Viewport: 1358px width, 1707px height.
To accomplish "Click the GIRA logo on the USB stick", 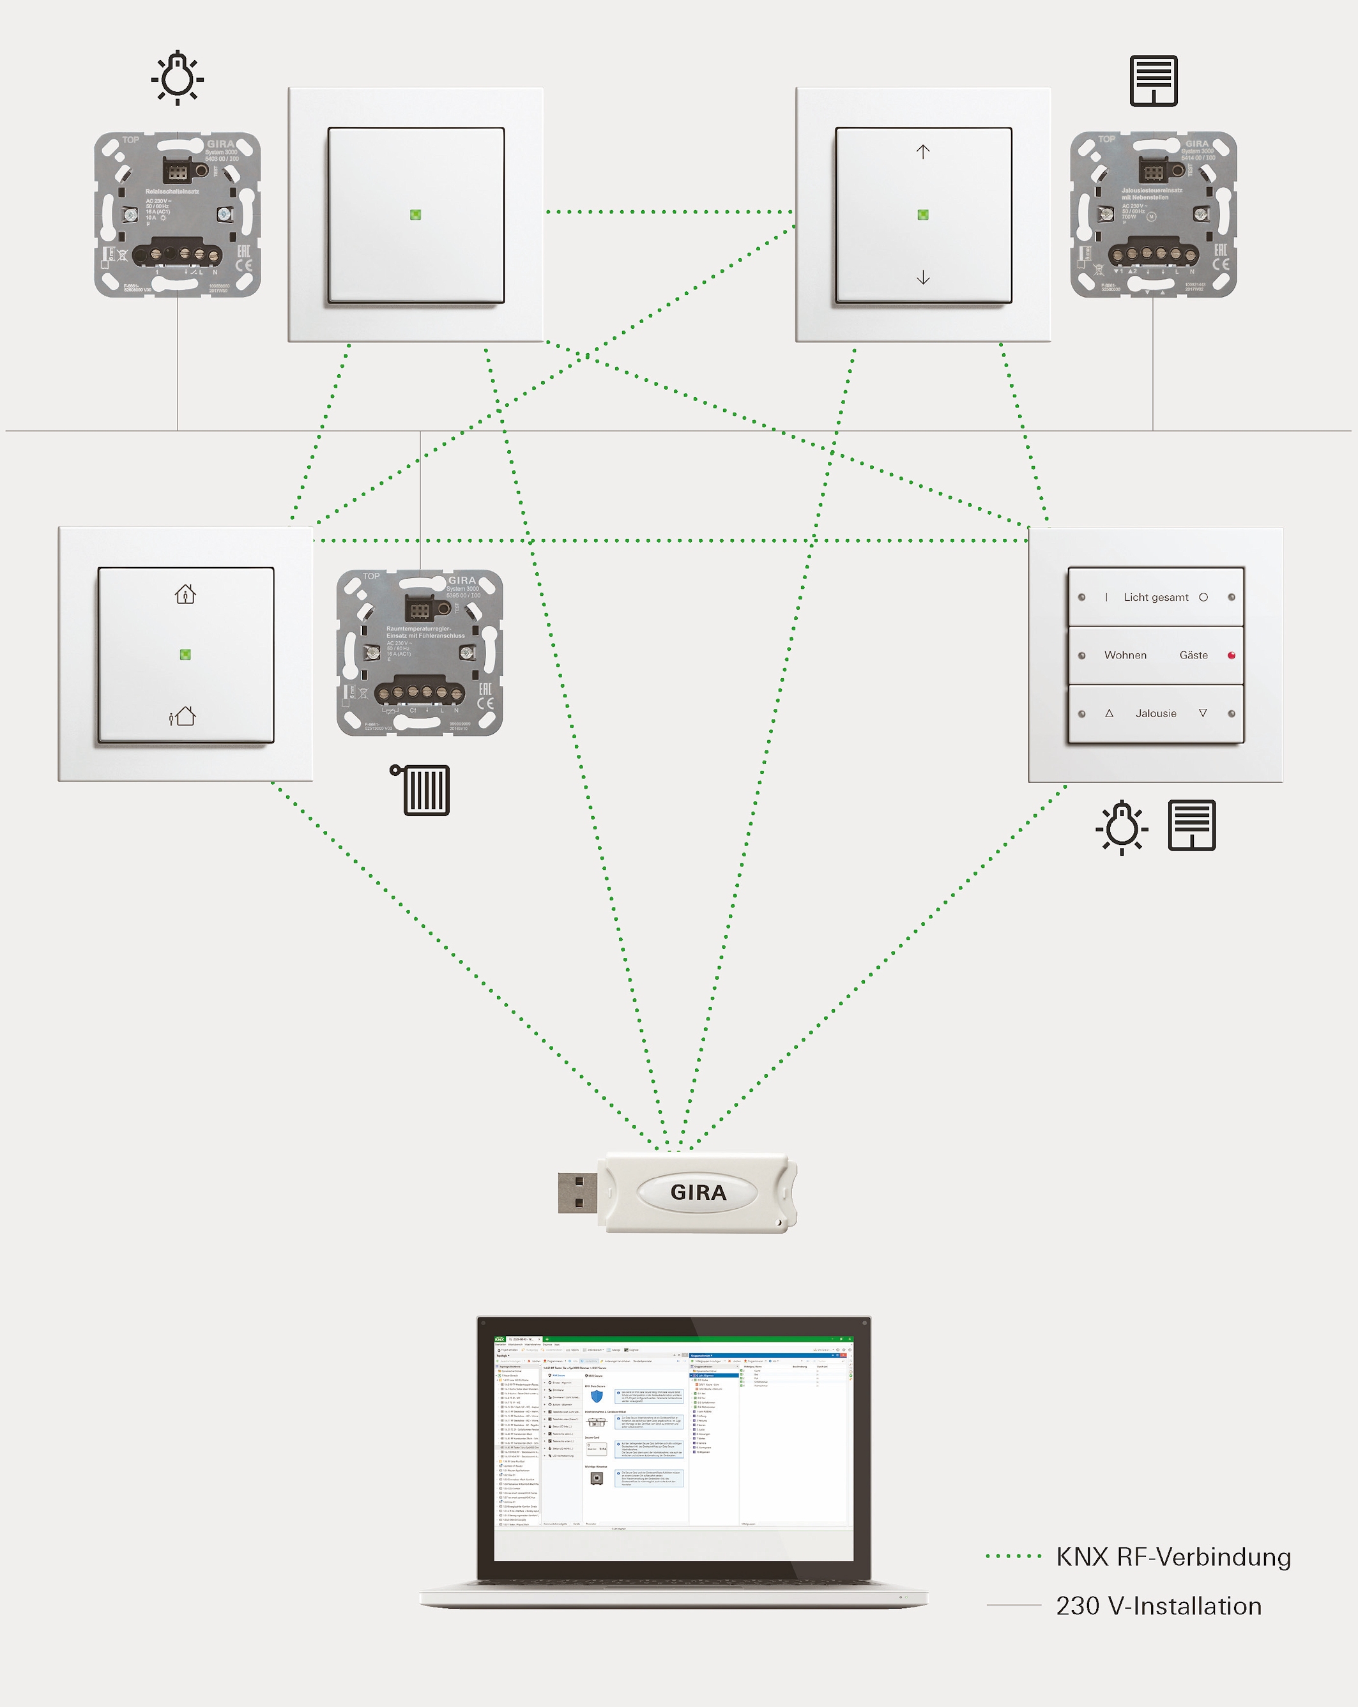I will coord(698,1192).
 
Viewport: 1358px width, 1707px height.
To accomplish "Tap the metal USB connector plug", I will coord(577,1192).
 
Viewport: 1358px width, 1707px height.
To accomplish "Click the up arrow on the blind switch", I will coord(922,151).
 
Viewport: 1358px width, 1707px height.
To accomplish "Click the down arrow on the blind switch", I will coord(922,277).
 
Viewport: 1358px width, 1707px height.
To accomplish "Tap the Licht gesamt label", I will coord(1156,598).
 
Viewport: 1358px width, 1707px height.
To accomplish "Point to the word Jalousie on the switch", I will coord(1156,713).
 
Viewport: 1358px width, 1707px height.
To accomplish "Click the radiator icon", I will coord(422,789).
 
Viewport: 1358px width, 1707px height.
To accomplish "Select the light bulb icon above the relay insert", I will coord(178,78).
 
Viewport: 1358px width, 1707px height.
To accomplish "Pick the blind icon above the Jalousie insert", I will coord(1153,80).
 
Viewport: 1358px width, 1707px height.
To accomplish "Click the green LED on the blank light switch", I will coord(416,215).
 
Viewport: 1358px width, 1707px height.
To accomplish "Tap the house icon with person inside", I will coord(185,594).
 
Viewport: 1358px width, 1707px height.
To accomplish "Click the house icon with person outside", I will coord(183,717).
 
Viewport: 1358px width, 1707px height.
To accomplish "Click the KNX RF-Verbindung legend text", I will coord(1173,1556).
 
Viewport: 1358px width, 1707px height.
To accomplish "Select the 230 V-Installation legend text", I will coord(1159,1605).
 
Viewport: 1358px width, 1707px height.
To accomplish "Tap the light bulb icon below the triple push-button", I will coord(1121,828).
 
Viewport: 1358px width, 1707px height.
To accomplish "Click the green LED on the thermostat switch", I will coord(185,655).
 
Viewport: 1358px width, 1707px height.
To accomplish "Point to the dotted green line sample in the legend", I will coord(1014,1556).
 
